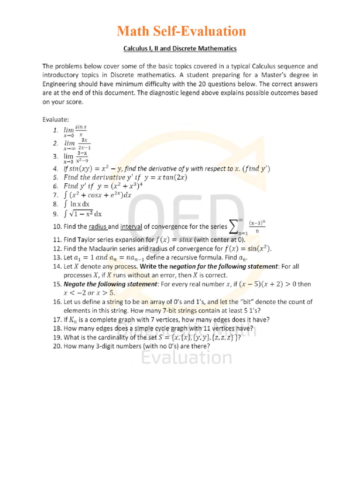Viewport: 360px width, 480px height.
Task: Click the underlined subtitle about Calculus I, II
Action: [x=180, y=48]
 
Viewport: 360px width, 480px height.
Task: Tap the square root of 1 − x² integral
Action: [x=82, y=214]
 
